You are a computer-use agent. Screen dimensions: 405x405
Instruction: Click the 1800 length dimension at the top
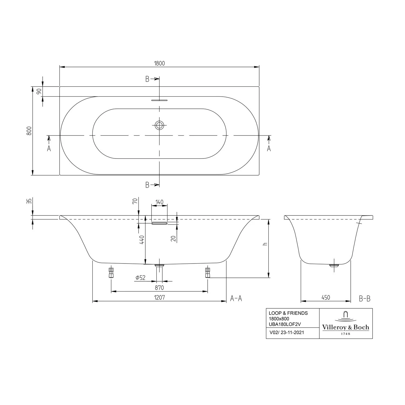pyautogui.click(x=159, y=63)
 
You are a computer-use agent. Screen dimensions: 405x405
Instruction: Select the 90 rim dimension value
pyautogui.click(x=39, y=91)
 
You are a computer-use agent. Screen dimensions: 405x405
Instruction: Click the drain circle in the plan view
pyautogui.click(x=159, y=125)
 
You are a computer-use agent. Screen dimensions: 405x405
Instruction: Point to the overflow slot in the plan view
pyautogui.click(x=159, y=100)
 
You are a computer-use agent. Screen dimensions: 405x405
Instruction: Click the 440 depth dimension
pyautogui.click(x=142, y=240)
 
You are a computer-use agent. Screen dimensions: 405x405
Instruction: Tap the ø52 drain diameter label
pyautogui.click(x=140, y=277)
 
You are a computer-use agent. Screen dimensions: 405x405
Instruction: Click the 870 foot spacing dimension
pyautogui.click(x=159, y=288)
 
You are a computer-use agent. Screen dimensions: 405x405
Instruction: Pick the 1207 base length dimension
pyautogui.click(x=159, y=298)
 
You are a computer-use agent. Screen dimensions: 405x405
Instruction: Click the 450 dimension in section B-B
pyautogui.click(x=326, y=298)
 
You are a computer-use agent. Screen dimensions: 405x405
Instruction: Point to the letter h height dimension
pyautogui.click(x=265, y=244)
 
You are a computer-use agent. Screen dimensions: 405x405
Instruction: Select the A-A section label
pyautogui.click(x=236, y=298)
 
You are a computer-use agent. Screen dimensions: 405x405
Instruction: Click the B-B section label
pyautogui.click(x=364, y=299)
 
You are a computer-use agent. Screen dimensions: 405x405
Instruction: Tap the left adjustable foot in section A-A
pyautogui.click(x=111, y=272)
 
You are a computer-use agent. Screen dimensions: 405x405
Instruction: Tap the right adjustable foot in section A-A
pyautogui.click(x=207, y=272)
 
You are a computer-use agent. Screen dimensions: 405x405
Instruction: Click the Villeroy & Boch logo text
pyautogui.click(x=346, y=328)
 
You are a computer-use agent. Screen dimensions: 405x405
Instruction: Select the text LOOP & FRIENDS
pyautogui.click(x=288, y=313)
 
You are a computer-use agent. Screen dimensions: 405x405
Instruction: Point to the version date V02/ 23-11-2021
pyautogui.click(x=286, y=333)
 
